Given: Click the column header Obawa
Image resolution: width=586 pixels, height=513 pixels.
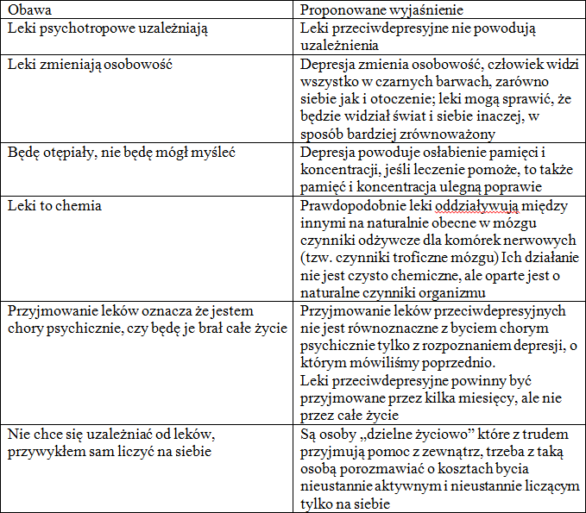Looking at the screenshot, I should (28, 10).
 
